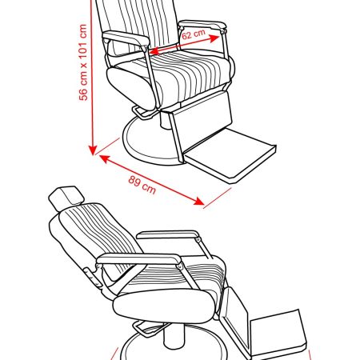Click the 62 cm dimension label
194,34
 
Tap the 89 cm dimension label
142,184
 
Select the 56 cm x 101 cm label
83,62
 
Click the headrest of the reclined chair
66,198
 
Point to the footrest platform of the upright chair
230,154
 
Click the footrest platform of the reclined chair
278,333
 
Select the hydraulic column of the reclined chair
174,336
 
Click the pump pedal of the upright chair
141,111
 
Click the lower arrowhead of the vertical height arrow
93,150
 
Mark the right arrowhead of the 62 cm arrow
214,38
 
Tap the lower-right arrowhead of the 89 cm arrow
199,202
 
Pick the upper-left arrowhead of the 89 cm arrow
105,158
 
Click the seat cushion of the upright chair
170,78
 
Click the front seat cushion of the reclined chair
164,306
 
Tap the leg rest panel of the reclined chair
234,320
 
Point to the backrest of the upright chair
138,26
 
